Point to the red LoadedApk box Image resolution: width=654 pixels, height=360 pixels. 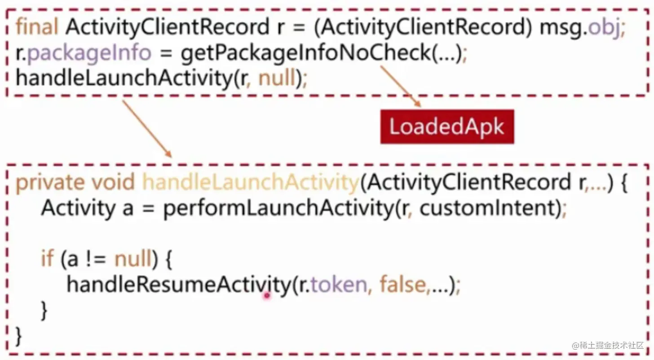[447, 127]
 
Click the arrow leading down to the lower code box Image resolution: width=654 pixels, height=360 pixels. [147, 129]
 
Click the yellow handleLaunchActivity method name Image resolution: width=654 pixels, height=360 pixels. [250, 183]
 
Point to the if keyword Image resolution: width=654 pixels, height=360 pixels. [47, 259]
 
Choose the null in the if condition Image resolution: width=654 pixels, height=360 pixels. [133, 259]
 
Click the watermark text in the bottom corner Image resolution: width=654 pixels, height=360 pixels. [611, 345]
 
